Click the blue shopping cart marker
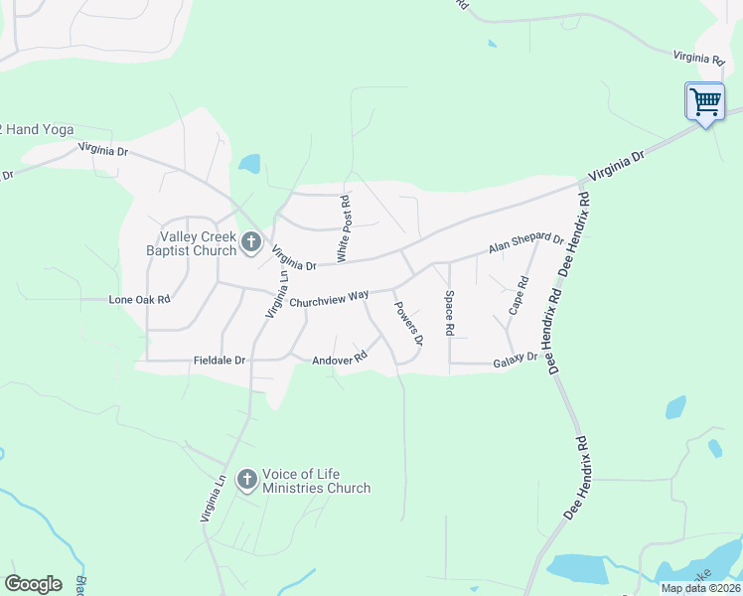(705, 101)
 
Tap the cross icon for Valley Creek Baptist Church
(250, 241)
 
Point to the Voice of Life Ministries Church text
(316, 481)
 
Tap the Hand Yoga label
(40, 130)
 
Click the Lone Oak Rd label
(139, 299)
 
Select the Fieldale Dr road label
(219, 360)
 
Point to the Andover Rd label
(340, 359)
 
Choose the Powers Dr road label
(408, 324)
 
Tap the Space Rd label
(449, 312)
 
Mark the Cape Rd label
(519, 296)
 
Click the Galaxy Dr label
(515, 362)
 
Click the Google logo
(33, 584)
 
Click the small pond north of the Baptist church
(248, 164)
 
